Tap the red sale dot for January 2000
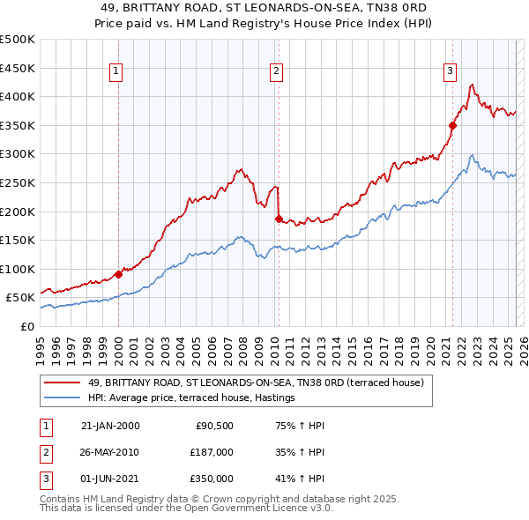click(x=118, y=274)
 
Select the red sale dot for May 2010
click(x=279, y=219)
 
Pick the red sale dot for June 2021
click(x=452, y=125)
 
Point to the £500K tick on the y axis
click(x=18, y=41)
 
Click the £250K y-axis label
click(x=18, y=183)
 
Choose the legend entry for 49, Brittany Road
click(x=256, y=383)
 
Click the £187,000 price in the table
click(x=212, y=452)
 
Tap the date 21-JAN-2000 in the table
click(x=110, y=426)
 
